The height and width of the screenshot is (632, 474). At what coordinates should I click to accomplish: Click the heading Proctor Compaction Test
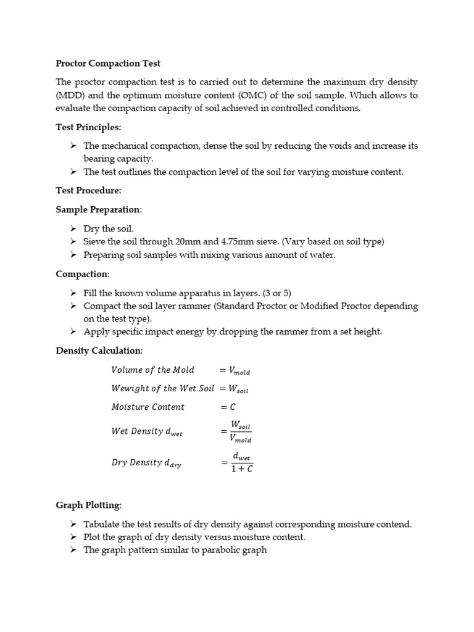coord(108,63)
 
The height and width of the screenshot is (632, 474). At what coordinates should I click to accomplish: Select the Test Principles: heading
coord(88,127)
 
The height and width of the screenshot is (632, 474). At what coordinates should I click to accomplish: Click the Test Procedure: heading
coord(88,191)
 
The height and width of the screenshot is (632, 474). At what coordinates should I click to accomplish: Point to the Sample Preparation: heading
coord(99,209)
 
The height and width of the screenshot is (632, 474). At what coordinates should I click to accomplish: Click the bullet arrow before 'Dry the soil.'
coord(73,228)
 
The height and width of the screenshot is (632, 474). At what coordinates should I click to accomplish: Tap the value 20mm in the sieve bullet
coord(188,241)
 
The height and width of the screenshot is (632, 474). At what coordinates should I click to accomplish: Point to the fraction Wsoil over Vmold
coord(240,432)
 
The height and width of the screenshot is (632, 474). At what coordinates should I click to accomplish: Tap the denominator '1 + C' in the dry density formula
coord(241,468)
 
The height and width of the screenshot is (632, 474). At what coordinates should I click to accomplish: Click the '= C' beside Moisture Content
coord(228,407)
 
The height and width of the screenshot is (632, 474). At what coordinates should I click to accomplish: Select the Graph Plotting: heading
coord(89,505)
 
